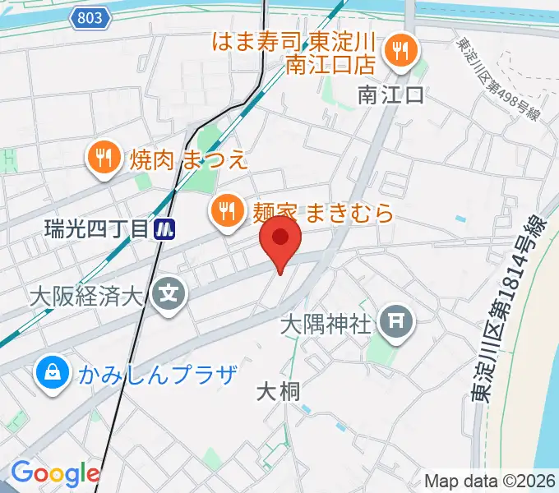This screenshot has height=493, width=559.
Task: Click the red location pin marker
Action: tap(279, 241)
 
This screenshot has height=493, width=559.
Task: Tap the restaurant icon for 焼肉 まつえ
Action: tap(103, 157)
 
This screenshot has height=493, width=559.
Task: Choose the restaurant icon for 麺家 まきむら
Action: tap(226, 213)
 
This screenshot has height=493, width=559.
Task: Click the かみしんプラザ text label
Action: tap(159, 375)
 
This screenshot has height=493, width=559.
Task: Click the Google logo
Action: tap(54, 473)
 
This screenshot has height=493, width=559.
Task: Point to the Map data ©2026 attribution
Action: tap(490, 481)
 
